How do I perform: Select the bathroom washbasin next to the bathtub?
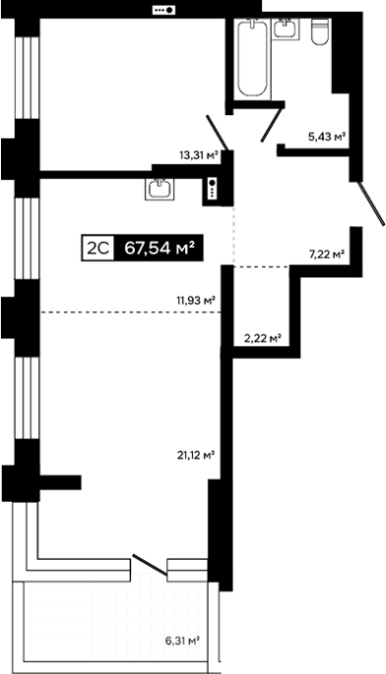point(285,29)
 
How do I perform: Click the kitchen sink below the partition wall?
point(160,189)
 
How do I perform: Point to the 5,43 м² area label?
point(327,137)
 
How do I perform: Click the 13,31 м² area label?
point(199,154)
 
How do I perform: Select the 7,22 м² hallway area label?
point(327,255)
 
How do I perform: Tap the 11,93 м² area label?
point(196,300)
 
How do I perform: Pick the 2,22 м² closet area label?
point(263,337)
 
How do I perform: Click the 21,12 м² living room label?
point(196,455)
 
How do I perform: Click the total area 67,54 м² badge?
point(158,248)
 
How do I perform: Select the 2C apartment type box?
point(98,248)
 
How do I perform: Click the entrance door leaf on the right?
point(372,203)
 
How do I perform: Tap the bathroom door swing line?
point(273,124)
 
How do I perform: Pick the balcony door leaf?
point(150,565)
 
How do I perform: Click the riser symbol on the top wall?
point(164,10)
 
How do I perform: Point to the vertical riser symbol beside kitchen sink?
point(212,189)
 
